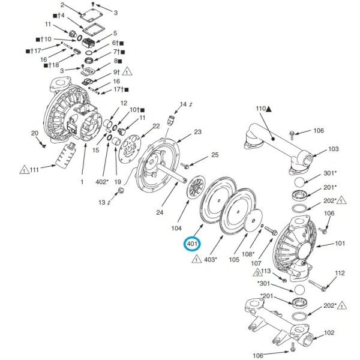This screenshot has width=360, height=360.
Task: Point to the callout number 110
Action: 260,109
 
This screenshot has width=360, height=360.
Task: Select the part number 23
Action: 197,131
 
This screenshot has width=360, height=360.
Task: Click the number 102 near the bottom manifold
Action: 329,332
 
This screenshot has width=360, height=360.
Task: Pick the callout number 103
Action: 334,149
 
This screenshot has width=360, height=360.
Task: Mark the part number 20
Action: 35,133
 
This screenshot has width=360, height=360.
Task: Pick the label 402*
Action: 103,182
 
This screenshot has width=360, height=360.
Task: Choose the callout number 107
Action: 256,262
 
